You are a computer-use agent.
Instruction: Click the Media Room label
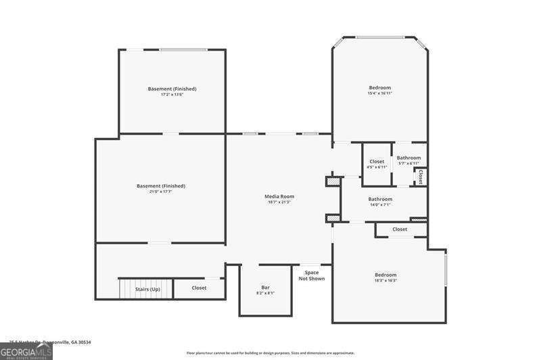(279, 196)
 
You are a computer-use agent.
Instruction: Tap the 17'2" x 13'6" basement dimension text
(172, 95)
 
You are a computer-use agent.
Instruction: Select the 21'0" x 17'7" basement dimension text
(160, 192)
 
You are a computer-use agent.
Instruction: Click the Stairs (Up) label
(147, 288)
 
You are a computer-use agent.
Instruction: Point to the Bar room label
(265, 288)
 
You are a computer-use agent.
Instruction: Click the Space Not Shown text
(312, 275)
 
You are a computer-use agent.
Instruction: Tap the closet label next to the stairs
(199, 288)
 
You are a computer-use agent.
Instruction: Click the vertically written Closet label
(420, 177)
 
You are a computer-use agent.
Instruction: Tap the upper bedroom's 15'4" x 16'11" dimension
(379, 93)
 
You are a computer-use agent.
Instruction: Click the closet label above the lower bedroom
(400, 229)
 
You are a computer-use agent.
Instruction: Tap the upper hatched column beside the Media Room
(333, 181)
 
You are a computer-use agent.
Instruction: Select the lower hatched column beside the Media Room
(333, 218)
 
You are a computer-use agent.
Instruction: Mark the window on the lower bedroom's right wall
(446, 267)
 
